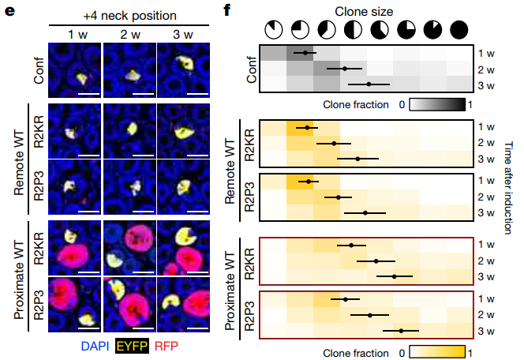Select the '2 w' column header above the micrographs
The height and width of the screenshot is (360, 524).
[129, 33]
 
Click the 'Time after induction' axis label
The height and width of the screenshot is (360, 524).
[510, 182]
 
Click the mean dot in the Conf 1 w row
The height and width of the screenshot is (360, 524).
[305, 54]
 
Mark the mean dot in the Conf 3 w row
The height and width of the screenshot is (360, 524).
[369, 84]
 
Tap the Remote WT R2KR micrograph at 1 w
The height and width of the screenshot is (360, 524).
[76, 132]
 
